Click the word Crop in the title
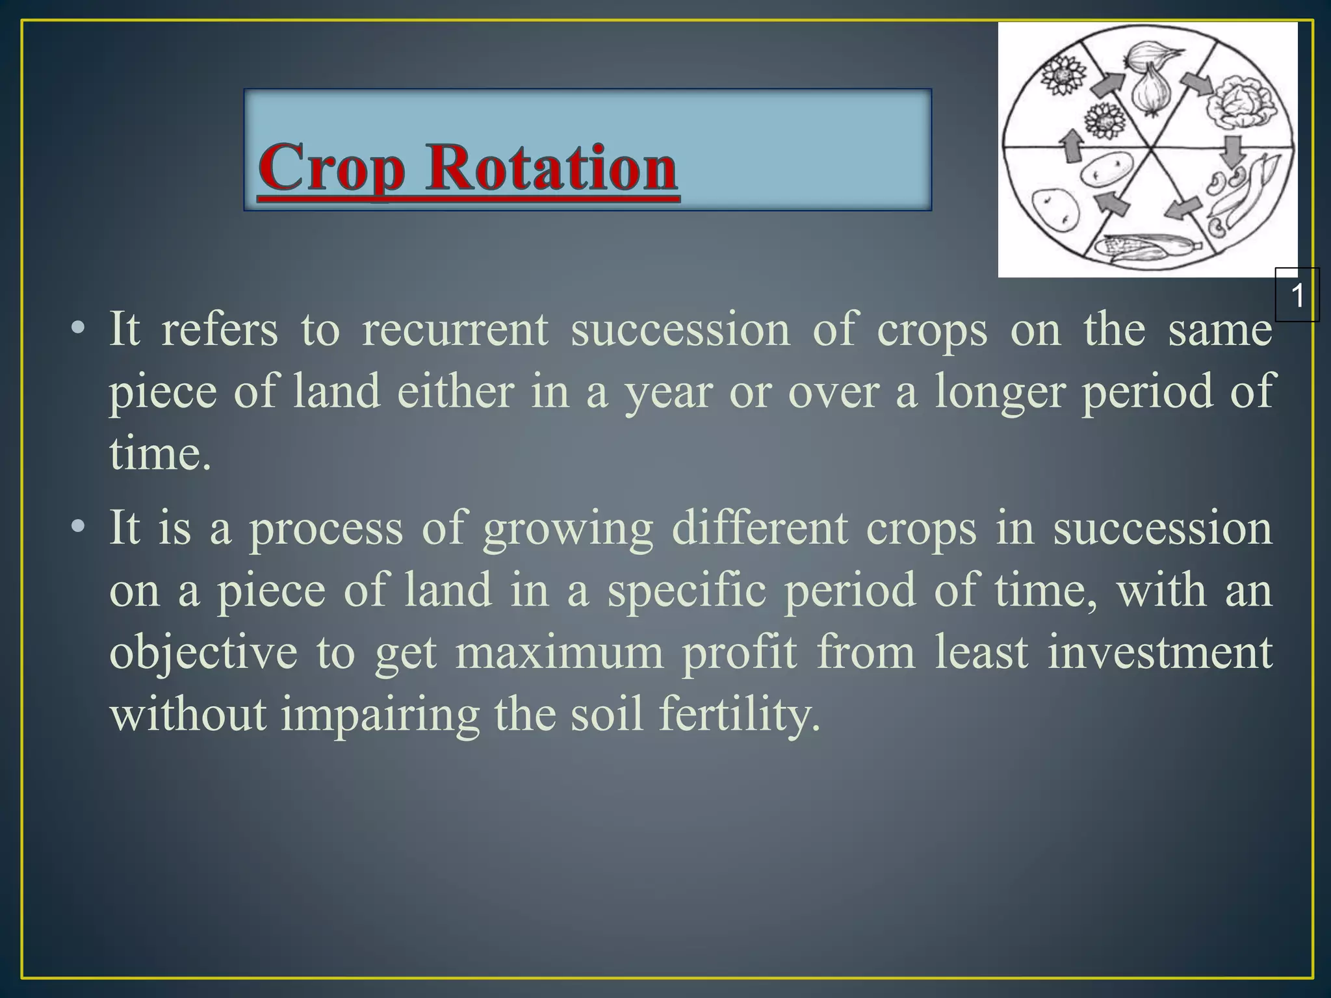coord(331,168)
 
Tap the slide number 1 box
coord(1297,296)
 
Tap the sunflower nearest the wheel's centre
coord(1103,121)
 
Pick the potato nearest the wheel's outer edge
coord(1055,209)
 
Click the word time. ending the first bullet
coord(160,454)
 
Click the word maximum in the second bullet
coord(560,652)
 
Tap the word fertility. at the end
coord(740,714)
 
